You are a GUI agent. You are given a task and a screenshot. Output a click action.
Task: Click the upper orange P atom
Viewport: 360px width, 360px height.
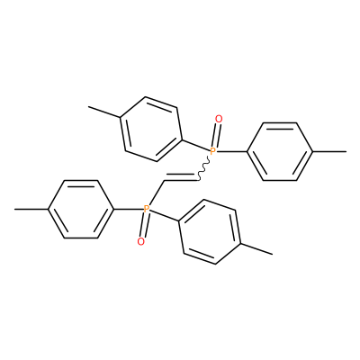click(x=212, y=151)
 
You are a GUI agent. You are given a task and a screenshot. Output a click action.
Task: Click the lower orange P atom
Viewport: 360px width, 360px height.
click(x=147, y=209)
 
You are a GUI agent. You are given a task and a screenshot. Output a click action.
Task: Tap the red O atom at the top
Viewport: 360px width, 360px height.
click(x=219, y=120)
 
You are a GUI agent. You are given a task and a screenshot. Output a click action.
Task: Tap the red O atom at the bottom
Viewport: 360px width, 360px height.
click(x=140, y=241)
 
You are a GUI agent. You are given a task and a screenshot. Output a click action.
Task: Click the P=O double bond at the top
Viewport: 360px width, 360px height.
click(x=216, y=136)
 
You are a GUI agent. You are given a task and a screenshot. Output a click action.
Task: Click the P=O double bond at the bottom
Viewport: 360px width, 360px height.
click(x=144, y=225)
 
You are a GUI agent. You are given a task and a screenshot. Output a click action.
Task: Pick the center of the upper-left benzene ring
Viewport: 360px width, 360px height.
click(x=151, y=130)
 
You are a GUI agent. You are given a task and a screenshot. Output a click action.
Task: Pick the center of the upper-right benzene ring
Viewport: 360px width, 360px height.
click(x=280, y=151)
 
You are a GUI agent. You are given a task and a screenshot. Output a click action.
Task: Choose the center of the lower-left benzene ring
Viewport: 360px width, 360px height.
click(x=81, y=209)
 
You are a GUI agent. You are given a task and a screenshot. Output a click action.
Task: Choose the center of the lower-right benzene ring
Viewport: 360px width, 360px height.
click(x=210, y=231)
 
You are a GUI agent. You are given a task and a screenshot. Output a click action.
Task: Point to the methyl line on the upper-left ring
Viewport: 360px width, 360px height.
click(x=104, y=112)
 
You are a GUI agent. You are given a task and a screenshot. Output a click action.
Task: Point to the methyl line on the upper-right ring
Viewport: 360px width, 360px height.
click(x=330, y=151)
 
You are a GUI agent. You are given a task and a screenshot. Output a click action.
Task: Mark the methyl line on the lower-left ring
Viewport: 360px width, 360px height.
click(x=31, y=209)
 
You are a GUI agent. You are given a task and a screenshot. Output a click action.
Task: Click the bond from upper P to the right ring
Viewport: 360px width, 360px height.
click(x=231, y=151)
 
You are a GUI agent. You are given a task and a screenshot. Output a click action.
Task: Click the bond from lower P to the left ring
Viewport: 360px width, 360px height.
click(x=129, y=209)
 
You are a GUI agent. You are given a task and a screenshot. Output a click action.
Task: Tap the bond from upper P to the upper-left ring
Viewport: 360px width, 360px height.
click(x=195, y=145)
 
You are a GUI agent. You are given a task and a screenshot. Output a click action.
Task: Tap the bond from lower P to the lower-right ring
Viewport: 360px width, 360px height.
click(x=165, y=216)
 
